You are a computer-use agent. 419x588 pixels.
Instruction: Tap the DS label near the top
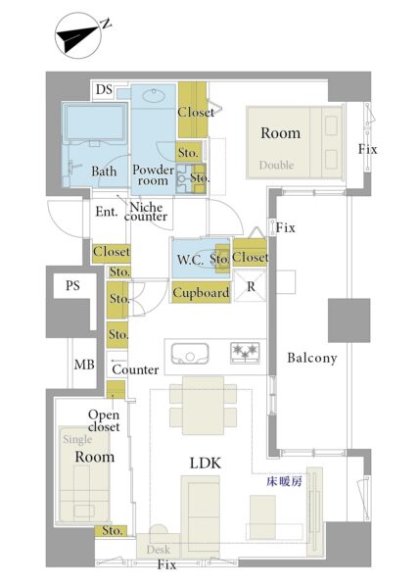(104, 89)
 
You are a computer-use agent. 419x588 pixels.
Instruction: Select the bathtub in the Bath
(95, 122)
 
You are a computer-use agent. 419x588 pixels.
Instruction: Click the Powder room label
(153, 174)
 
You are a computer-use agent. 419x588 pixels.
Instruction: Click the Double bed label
(276, 165)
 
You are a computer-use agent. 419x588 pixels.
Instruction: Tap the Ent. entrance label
(107, 212)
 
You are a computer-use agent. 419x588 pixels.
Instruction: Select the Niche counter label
(146, 212)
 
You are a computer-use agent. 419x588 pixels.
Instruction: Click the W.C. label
(190, 260)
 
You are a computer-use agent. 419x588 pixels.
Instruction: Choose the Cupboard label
(201, 292)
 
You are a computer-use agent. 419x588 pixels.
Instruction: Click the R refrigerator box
(250, 287)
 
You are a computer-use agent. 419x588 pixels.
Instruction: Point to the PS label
(72, 286)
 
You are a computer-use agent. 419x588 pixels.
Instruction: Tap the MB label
(84, 365)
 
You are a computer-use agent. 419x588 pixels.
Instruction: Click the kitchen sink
(190, 353)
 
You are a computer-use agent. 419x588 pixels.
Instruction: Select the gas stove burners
(245, 353)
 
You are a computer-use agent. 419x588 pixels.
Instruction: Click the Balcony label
(312, 358)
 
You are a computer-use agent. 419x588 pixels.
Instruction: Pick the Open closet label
(104, 420)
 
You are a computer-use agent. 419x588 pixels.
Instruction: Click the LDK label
(206, 464)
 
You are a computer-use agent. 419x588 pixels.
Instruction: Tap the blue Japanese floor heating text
(284, 482)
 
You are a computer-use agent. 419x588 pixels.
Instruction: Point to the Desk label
(159, 550)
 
